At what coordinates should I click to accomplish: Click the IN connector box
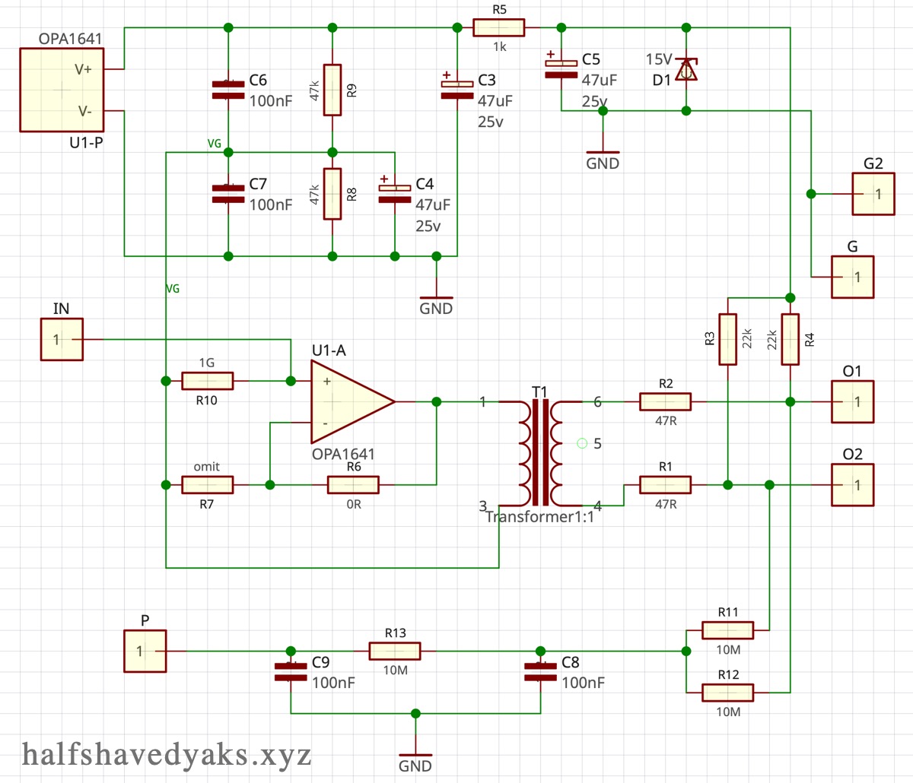(62, 339)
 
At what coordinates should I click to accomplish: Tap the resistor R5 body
(498, 27)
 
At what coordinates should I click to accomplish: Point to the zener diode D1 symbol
(686, 70)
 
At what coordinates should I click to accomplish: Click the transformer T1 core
(540, 452)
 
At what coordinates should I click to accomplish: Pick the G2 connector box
(873, 194)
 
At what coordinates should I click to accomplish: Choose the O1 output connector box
(852, 401)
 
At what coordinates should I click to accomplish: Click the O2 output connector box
(852, 484)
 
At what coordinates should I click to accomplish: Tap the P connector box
(145, 651)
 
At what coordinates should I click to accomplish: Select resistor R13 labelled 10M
(395, 651)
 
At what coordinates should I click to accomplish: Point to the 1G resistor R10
(207, 381)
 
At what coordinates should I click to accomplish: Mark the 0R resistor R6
(353, 484)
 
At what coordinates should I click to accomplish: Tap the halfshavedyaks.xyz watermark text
(167, 755)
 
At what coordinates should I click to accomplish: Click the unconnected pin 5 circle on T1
(583, 443)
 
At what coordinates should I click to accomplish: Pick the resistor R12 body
(727, 692)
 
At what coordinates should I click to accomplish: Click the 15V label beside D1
(659, 59)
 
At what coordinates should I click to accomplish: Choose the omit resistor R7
(207, 484)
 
